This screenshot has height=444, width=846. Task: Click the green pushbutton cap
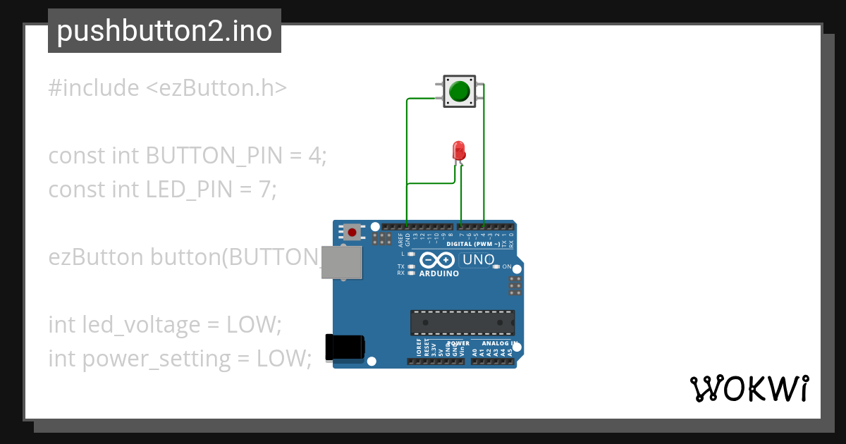click(460, 92)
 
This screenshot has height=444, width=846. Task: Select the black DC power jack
click(345, 348)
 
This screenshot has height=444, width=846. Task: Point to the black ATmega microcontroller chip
click(462, 322)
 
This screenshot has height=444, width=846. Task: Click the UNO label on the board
click(477, 260)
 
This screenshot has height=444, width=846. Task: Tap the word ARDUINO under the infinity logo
click(439, 273)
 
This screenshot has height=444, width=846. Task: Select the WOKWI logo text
click(749, 388)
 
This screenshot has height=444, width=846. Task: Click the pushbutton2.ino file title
click(164, 31)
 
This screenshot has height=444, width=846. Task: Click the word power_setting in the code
click(157, 359)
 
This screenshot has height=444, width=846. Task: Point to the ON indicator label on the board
click(506, 266)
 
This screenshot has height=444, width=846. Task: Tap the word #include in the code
click(94, 88)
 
